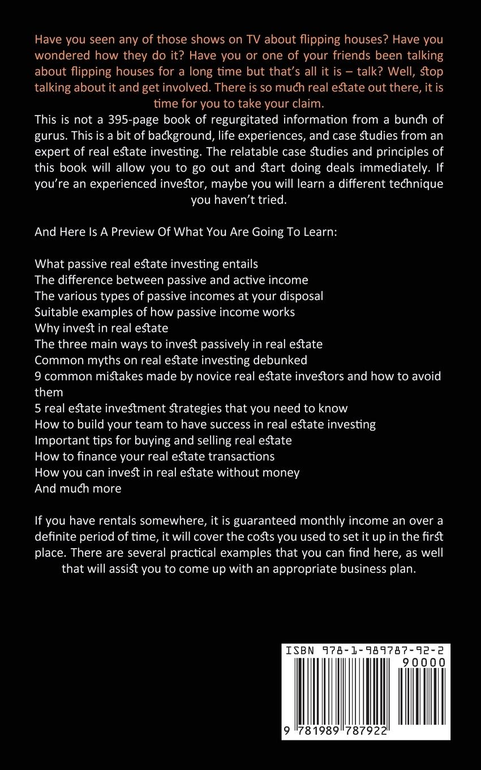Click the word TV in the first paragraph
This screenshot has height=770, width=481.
click(284, 40)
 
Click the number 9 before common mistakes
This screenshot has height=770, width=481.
click(38, 376)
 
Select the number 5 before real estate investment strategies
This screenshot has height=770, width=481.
click(38, 408)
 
